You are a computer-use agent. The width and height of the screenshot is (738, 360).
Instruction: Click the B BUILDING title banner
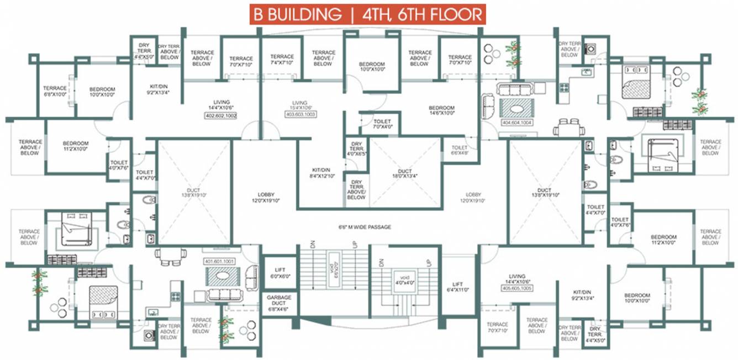click(x=368, y=14)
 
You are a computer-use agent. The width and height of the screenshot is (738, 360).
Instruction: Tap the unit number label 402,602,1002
click(x=221, y=117)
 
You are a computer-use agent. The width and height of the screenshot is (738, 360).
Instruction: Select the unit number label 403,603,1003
click(x=299, y=114)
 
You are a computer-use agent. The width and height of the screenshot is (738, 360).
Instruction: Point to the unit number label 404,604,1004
click(x=516, y=123)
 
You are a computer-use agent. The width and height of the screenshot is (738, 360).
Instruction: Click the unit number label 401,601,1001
click(x=220, y=261)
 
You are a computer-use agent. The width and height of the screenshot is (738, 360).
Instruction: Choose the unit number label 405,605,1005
click(x=516, y=288)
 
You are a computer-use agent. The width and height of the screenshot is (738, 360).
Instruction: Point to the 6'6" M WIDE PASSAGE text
click(x=365, y=227)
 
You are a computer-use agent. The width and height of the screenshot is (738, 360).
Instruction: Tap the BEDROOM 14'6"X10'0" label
click(x=441, y=110)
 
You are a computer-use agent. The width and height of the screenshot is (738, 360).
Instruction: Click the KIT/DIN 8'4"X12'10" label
click(x=321, y=173)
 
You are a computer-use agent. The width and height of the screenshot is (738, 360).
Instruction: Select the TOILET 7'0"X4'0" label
click(x=382, y=124)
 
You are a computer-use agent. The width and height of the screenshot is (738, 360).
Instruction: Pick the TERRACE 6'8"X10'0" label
click(x=55, y=92)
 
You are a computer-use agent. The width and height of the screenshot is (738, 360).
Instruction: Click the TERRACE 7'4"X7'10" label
click(x=282, y=60)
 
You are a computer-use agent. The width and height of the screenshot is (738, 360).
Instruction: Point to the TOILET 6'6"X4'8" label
click(x=459, y=151)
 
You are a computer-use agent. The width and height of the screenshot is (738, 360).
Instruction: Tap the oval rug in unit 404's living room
click(x=516, y=106)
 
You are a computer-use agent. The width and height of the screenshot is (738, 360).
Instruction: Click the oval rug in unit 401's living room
click(x=220, y=276)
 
